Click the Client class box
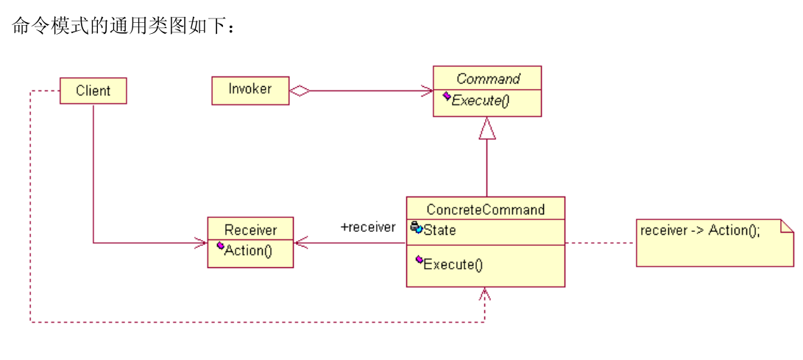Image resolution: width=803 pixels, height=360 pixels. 93,91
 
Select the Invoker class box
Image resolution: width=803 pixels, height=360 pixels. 250,89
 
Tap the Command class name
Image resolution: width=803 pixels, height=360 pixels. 487,79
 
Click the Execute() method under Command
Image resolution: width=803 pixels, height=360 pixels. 480,101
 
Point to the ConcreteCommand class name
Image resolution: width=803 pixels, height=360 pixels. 486,210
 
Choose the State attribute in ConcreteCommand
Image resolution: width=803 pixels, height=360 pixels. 439,230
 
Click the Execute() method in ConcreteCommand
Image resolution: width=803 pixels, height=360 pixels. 453,264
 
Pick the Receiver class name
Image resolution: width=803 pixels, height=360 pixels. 250,230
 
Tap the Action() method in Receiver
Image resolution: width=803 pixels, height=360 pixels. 248,250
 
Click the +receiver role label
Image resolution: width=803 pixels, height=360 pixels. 367,227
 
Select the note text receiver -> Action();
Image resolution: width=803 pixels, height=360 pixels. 700,230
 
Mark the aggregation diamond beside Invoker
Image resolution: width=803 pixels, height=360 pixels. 300,91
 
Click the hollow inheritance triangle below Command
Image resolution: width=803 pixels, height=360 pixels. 487,130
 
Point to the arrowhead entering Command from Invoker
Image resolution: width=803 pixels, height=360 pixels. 427,91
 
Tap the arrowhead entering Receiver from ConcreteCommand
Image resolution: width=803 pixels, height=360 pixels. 300,241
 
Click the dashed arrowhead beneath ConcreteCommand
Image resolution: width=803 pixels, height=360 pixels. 484,294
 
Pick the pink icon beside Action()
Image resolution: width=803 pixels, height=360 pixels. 219,246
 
